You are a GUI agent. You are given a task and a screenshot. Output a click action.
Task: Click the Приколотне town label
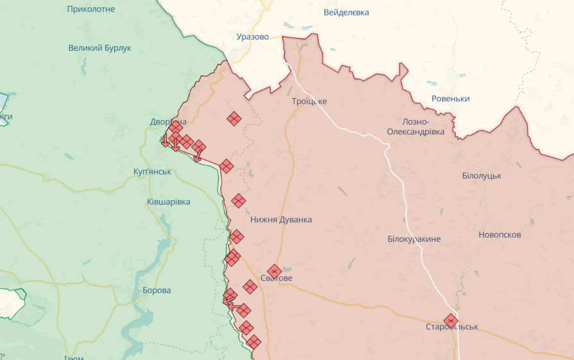click(x=91, y=9)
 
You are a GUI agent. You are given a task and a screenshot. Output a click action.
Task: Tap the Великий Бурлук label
click(x=99, y=47)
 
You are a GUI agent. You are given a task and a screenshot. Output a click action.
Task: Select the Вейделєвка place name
click(x=346, y=12)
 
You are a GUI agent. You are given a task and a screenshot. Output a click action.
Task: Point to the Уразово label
click(x=252, y=37)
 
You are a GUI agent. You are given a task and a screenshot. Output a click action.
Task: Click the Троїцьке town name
click(x=309, y=101)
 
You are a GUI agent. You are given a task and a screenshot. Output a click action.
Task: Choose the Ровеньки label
click(x=450, y=98)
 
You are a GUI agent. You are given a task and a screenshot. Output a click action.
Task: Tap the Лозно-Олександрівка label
click(x=414, y=126)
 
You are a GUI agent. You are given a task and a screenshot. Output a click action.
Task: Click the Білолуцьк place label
click(x=482, y=175)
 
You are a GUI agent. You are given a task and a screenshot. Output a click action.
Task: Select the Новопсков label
click(x=500, y=234)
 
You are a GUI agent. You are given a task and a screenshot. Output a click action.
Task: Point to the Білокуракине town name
click(x=414, y=239)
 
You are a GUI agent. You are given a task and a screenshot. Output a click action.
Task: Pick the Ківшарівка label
click(x=168, y=201)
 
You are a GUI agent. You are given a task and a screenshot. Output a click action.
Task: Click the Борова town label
click(x=156, y=290)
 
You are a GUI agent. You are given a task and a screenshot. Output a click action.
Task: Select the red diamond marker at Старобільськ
click(x=451, y=320)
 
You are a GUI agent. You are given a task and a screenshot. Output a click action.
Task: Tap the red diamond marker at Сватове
click(x=274, y=271)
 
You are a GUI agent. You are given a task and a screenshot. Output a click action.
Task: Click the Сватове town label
click(x=276, y=279)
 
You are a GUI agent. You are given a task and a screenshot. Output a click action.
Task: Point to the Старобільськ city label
click(x=452, y=327)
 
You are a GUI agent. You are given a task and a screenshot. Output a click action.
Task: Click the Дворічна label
click(x=168, y=121)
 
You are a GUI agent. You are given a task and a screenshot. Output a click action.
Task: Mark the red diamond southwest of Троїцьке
click(x=234, y=118)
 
